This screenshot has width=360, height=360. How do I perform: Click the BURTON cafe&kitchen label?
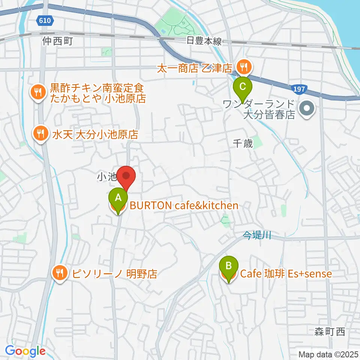[x=184, y=205]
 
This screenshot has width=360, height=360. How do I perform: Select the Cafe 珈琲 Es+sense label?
[x=286, y=274]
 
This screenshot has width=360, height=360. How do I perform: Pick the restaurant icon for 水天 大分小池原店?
[x=40, y=133]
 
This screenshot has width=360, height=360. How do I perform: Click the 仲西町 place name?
[x=57, y=40]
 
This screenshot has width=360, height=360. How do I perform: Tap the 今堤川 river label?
[x=256, y=235]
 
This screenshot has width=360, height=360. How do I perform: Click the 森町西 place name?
[x=330, y=331]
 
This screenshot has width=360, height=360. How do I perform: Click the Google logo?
[x=25, y=351]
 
